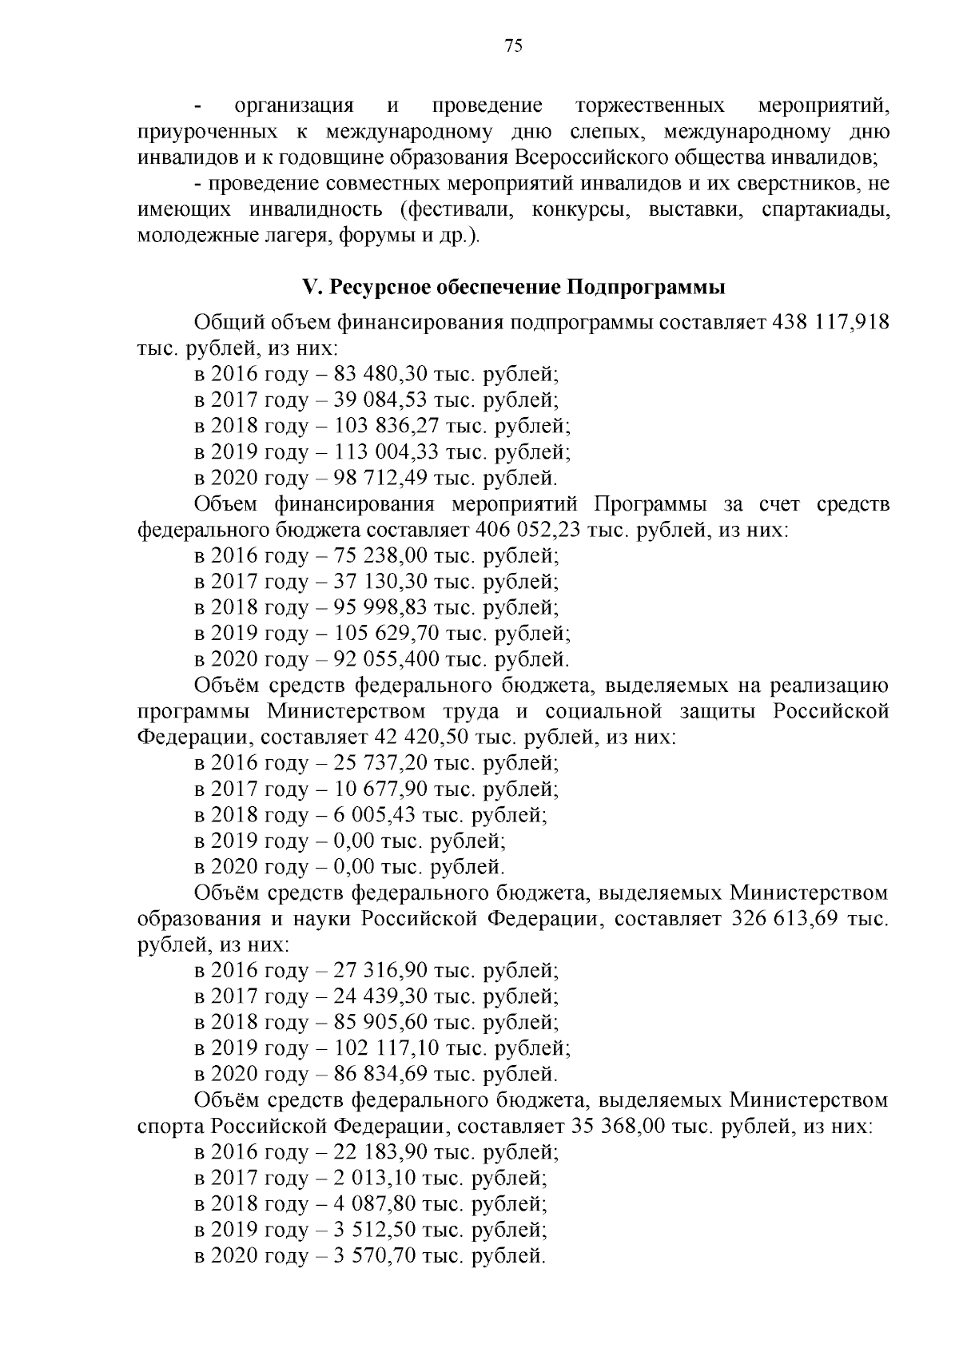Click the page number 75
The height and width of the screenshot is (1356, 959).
coord(514,46)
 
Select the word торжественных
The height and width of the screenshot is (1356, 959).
coord(651,105)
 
